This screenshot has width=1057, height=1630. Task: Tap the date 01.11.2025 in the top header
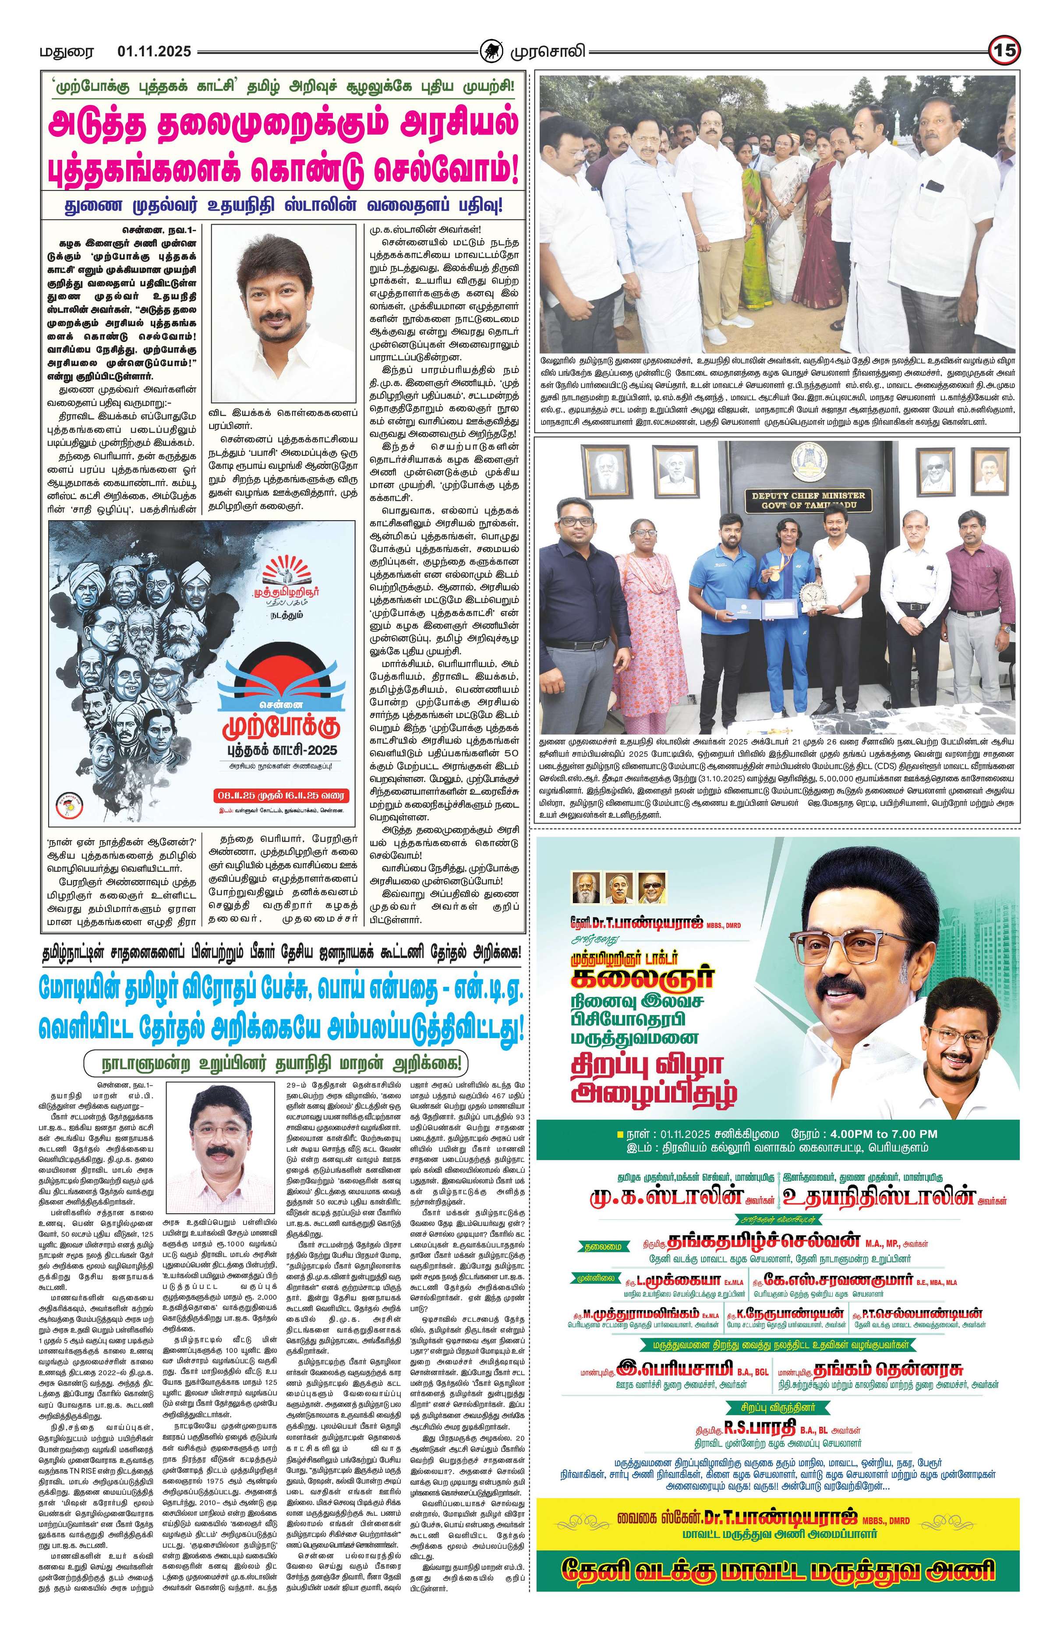pos(154,51)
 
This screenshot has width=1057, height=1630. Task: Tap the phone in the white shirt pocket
pos(934,186)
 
